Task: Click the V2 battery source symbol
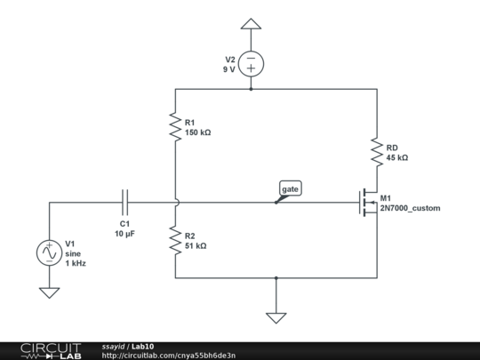coord(252,64)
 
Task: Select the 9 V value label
coord(229,68)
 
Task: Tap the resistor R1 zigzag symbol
coord(176,126)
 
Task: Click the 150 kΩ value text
coord(197,132)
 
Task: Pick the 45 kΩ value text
coord(396,156)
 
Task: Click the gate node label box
coord(291,189)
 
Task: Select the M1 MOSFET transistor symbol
coord(367,204)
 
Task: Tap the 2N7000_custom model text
coord(409,208)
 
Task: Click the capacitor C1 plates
coord(125,203)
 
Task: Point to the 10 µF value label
coord(124,233)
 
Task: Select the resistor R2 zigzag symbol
coord(176,240)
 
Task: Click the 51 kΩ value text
coord(195,245)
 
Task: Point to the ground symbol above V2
coord(252,24)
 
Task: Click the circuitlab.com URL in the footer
coord(169,355)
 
